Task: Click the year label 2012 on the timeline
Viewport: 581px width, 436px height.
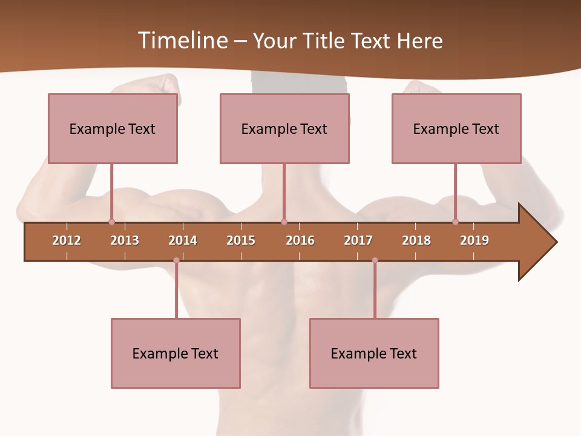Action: coord(67,240)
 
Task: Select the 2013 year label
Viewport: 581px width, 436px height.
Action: coord(125,240)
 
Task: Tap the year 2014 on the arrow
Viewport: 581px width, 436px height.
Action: coord(183,240)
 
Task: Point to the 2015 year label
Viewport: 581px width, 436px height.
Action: coord(241,240)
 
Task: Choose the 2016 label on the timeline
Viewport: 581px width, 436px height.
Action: coord(300,240)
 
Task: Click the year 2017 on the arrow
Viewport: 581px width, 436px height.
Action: coord(358,240)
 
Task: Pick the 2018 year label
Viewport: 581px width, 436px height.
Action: coord(416,240)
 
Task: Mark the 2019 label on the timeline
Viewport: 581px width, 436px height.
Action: coord(474,240)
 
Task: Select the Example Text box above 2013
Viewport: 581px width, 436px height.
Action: coord(113,128)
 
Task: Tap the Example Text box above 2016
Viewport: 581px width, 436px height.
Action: coord(284,128)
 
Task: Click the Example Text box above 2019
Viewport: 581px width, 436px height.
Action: coord(456,128)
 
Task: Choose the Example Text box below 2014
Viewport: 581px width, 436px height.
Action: coord(176,353)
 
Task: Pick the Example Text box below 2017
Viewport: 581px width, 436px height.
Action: coord(374,353)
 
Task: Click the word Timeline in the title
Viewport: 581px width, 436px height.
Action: coord(181,41)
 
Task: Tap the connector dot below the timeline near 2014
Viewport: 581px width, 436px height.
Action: coord(176,260)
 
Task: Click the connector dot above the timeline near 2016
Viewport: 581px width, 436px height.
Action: coord(284,222)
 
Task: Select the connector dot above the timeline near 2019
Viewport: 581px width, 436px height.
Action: coord(456,222)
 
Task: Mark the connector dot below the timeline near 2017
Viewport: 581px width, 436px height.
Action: coord(375,260)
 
